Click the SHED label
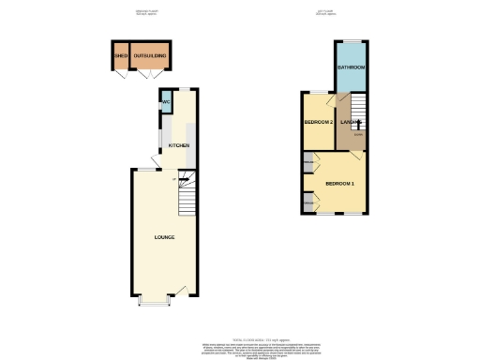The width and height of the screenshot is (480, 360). pyautogui.click(x=121, y=57)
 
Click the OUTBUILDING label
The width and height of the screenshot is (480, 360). pyautogui.click(x=150, y=57)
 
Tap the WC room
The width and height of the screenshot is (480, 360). pyautogui.click(x=166, y=102)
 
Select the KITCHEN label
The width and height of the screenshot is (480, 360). pyautogui.click(x=179, y=146)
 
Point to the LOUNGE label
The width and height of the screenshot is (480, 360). pyautogui.click(x=164, y=237)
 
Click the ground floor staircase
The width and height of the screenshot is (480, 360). pyautogui.click(x=187, y=191)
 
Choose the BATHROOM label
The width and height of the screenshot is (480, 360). pyautogui.click(x=351, y=68)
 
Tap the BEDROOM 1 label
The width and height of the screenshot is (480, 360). pyautogui.click(x=339, y=182)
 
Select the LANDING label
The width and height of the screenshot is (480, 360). pyautogui.click(x=351, y=122)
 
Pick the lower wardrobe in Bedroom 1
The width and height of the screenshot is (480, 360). pyautogui.click(x=307, y=202)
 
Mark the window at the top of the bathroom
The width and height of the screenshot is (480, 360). pyautogui.click(x=351, y=42)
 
